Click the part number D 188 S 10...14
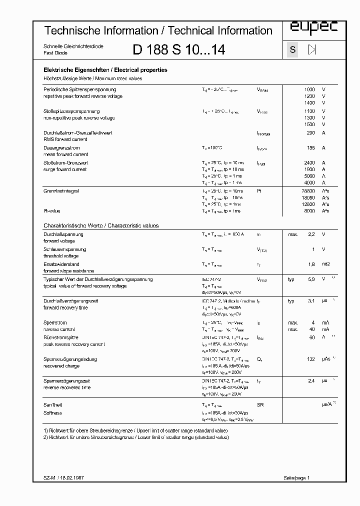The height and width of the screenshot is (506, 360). (178, 50)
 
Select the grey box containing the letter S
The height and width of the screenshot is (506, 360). (292, 49)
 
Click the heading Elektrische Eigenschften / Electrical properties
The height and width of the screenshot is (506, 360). (105, 70)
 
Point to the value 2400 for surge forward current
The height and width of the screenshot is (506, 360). (309, 163)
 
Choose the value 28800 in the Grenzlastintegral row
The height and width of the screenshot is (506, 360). (307, 191)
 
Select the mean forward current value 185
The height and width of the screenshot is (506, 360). (310, 148)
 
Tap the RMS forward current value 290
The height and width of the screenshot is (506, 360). (310, 133)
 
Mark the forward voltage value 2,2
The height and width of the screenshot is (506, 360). (310, 234)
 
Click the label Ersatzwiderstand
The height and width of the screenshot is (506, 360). (61, 264)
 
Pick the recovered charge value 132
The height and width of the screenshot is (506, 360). (310, 359)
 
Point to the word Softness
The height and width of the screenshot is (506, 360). (53, 413)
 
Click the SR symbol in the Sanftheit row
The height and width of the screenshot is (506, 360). (260, 404)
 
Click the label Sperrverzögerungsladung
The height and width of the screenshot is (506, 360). (70, 359)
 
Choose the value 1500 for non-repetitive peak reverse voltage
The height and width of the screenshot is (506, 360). (309, 124)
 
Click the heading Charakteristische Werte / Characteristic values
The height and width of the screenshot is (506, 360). (101, 225)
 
